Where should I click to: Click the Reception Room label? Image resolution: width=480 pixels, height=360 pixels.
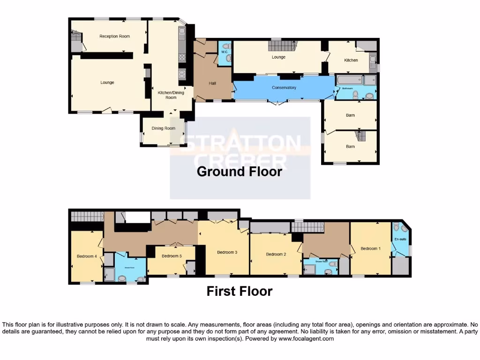(114, 36)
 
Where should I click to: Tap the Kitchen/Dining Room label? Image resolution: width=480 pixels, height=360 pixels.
(171, 95)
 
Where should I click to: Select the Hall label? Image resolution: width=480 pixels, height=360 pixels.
(212, 83)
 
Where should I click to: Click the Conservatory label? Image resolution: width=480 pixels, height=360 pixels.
(284, 88)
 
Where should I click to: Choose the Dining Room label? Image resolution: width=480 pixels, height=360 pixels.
(163, 128)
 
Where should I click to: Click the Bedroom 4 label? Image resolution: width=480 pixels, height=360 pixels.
(87, 256)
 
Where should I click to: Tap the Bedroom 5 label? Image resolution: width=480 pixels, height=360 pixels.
(172, 256)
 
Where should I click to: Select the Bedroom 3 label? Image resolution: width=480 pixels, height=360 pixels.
(227, 252)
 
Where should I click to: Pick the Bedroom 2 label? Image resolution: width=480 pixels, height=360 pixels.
(276, 254)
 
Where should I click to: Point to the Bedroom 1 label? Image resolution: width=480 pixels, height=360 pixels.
(370, 248)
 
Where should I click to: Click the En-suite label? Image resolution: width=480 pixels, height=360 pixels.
(400, 239)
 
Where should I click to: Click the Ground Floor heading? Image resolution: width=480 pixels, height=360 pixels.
(240, 172)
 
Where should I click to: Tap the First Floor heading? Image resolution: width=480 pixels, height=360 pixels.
(240, 291)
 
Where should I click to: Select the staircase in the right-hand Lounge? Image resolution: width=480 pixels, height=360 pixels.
(282, 46)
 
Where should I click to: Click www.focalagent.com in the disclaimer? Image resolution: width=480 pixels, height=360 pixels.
(306, 338)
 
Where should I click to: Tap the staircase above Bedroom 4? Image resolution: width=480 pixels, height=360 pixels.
(87, 216)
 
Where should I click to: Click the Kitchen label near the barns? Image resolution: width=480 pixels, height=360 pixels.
(351, 60)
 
